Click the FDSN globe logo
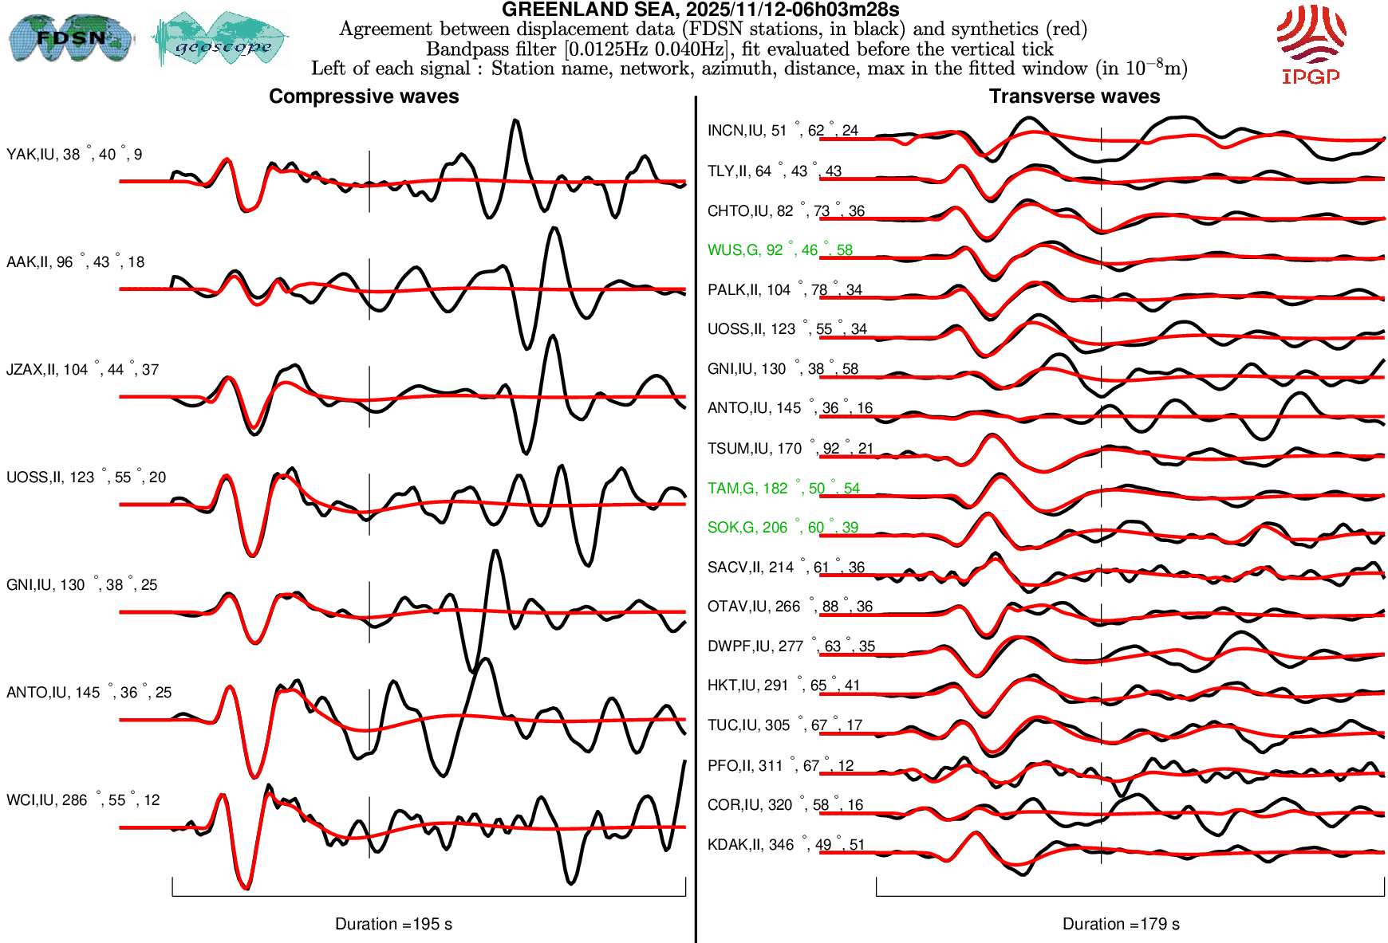70,38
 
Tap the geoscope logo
220,40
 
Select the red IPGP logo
1311,44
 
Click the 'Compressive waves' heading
364,96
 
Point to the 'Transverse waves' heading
1075,96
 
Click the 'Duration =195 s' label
393,924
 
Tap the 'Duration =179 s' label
1121,924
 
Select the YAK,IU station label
74,155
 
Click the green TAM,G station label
783,489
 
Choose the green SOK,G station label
782,528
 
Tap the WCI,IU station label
83,800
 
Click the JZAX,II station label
82,370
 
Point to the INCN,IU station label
782,131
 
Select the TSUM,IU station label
790,449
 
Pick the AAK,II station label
75,262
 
